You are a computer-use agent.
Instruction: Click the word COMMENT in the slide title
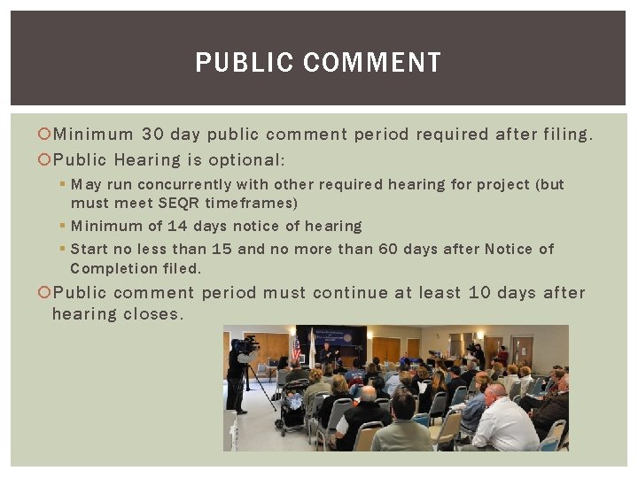click(371, 63)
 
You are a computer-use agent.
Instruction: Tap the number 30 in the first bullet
click(152, 135)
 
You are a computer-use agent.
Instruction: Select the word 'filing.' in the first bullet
click(564, 135)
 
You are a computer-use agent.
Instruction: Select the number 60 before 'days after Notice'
click(388, 249)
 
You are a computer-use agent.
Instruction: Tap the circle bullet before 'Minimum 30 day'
click(45, 135)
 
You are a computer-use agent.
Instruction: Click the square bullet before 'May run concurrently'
click(62, 184)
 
